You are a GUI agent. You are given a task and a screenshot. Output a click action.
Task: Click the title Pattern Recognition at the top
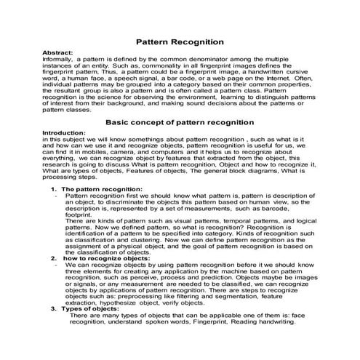tap(180, 43)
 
